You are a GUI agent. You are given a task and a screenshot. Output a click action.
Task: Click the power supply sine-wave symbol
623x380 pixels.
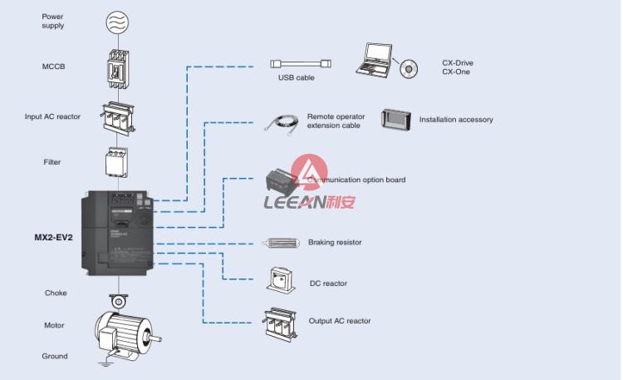(x=117, y=21)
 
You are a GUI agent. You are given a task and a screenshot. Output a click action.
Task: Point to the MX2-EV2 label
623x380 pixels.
(x=52, y=237)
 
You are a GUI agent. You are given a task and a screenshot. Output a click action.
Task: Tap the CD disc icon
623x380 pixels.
(x=409, y=68)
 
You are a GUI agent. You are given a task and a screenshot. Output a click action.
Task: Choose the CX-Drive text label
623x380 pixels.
(x=458, y=62)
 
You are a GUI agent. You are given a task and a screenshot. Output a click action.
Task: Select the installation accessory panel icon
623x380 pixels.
(x=397, y=119)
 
